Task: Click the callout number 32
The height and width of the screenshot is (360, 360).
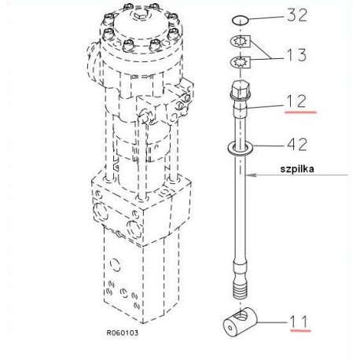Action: point(297,15)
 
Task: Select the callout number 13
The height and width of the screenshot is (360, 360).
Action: point(297,55)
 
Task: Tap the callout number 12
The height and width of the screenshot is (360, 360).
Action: point(296,101)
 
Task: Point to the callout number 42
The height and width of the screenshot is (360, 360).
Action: point(297,145)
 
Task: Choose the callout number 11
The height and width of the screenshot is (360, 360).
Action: point(299,321)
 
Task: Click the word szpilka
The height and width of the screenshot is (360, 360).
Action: point(297,169)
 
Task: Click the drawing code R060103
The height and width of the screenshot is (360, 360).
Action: point(122,333)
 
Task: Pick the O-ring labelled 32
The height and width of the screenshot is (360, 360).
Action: point(240,20)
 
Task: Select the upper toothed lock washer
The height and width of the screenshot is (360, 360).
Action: point(241,41)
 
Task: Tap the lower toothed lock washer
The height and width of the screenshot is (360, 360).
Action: point(241,63)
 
